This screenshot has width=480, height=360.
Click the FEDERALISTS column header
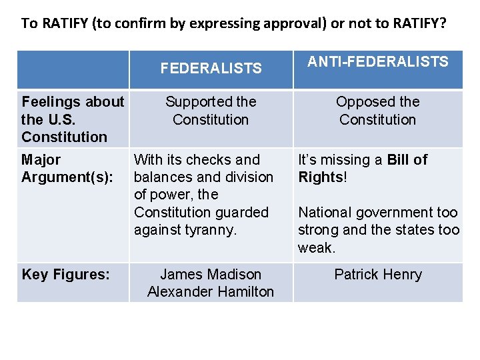point(211,68)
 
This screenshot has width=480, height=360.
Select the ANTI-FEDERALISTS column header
point(377,62)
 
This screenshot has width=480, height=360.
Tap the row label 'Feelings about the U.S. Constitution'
point(73,119)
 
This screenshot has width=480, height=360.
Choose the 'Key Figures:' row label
point(65,274)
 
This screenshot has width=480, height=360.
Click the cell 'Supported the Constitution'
point(211,111)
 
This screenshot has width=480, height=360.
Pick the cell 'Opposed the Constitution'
point(377,111)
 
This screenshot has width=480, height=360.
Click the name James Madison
point(211,274)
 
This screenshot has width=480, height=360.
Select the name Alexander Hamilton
point(211,291)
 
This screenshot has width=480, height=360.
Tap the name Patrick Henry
point(377,274)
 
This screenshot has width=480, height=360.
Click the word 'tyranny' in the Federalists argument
point(211,230)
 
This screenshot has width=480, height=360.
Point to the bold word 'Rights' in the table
point(320,177)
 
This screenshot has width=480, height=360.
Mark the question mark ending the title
point(443,23)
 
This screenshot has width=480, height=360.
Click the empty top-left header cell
point(73,69)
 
